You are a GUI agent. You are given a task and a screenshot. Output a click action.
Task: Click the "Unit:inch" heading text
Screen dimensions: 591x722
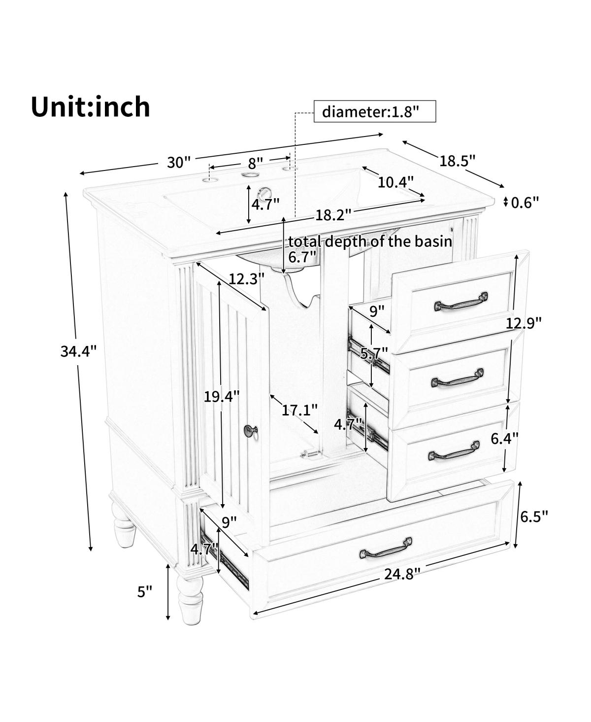pyautogui.click(x=90, y=107)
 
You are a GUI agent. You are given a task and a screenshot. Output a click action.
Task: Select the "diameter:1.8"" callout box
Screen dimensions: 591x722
pyautogui.click(x=375, y=111)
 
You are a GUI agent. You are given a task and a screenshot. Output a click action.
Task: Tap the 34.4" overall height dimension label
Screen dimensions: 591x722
pyautogui.click(x=78, y=351)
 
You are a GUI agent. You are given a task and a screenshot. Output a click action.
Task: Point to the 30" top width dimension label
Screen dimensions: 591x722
pyautogui.click(x=179, y=162)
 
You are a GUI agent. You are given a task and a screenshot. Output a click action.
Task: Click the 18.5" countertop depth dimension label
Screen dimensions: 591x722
pyautogui.click(x=457, y=161)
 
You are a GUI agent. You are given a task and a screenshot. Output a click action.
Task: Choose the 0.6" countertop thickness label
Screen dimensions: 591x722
pyautogui.click(x=525, y=203)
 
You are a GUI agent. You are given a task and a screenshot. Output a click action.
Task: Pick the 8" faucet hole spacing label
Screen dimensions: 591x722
pyautogui.click(x=256, y=164)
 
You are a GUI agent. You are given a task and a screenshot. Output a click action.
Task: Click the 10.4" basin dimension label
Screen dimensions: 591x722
pyautogui.click(x=395, y=182)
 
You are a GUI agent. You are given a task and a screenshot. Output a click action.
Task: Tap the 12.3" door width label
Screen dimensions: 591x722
pyautogui.click(x=246, y=279)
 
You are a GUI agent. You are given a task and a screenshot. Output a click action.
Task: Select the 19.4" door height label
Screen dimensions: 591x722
pyautogui.click(x=222, y=397)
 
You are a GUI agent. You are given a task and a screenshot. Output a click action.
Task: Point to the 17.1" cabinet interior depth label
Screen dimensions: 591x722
pyautogui.click(x=299, y=410)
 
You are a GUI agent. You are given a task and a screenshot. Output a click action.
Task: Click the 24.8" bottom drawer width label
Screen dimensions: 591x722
pyautogui.click(x=402, y=574)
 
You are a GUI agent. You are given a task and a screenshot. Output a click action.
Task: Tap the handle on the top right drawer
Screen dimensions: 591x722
pyautogui.click(x=460, y=301)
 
